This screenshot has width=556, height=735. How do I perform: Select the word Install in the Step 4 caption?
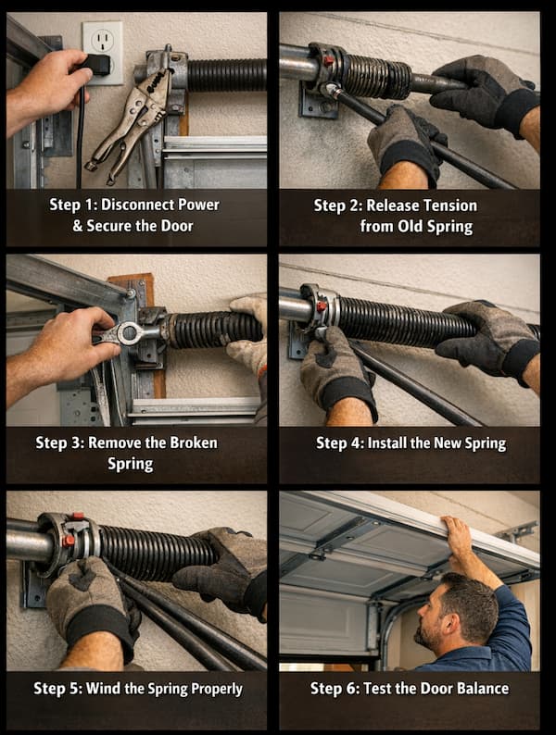point(395,442)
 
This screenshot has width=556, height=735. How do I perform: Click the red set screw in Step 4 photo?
point(322,306)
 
